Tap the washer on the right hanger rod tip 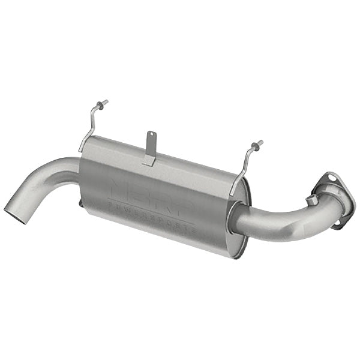(257, 144)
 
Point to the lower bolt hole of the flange (338, 222)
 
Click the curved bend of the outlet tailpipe (48, 174)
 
